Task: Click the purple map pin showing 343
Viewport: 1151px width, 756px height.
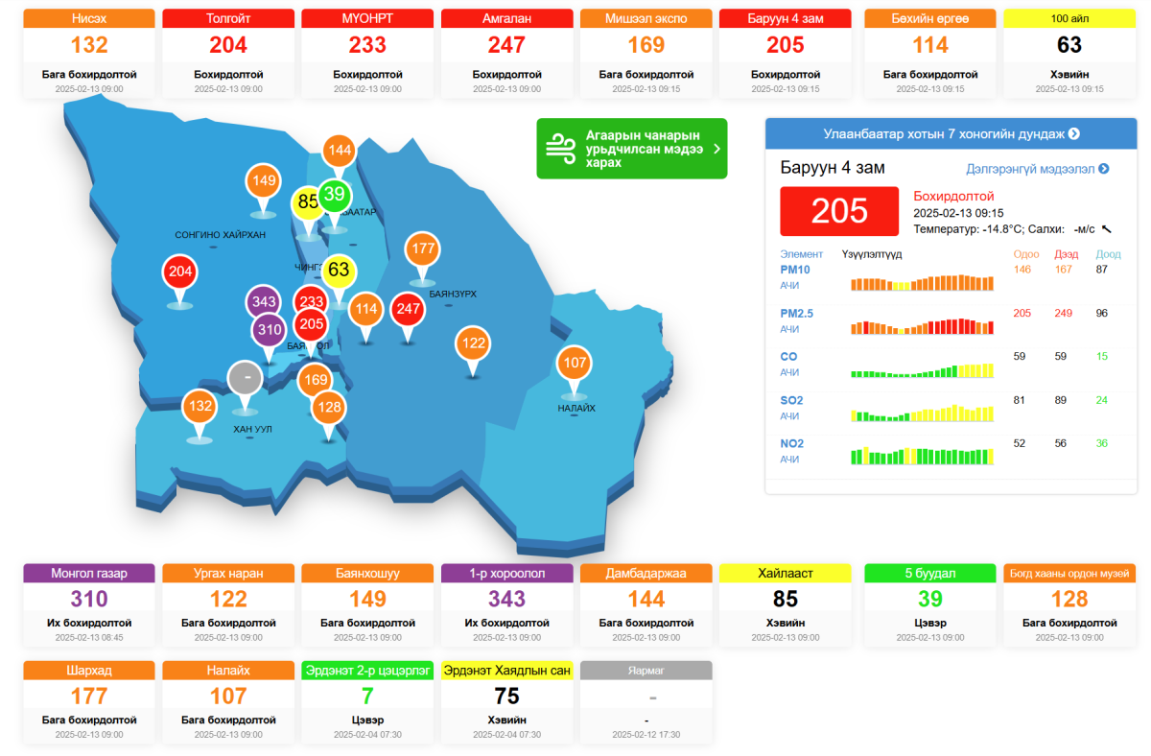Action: click(264, 302)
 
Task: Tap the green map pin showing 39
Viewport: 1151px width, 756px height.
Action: click(334, 196)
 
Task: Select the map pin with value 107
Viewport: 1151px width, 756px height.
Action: click(575, 363)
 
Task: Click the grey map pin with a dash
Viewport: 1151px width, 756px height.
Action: click(247, 378)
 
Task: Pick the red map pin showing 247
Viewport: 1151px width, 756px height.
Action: click(409, 309)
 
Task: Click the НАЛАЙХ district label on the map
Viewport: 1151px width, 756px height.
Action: click(576, 408)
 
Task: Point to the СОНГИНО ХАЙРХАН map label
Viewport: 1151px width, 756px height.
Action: click(220, 234)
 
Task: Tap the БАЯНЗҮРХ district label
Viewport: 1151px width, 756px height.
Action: click(453, 294)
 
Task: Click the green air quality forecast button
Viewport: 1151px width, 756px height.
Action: click(631, 149)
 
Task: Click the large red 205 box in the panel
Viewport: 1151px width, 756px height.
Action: click(839, 211)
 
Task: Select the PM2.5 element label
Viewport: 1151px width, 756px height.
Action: click(797, 313)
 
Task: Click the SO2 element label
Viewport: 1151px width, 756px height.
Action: click(792, 400)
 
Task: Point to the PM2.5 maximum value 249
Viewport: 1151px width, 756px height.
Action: click(1063, 313)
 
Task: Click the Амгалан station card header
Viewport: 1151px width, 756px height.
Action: click(506, 18)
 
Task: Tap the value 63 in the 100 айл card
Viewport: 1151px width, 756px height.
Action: click(1069, 44)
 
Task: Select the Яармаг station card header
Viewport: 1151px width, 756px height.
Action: click(646, 671)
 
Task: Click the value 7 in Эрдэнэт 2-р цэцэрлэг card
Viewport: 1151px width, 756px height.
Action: click(367, 695)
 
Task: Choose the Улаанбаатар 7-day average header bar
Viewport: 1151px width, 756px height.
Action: click(951, 133)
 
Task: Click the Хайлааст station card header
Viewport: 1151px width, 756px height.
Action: click(785, 573)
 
